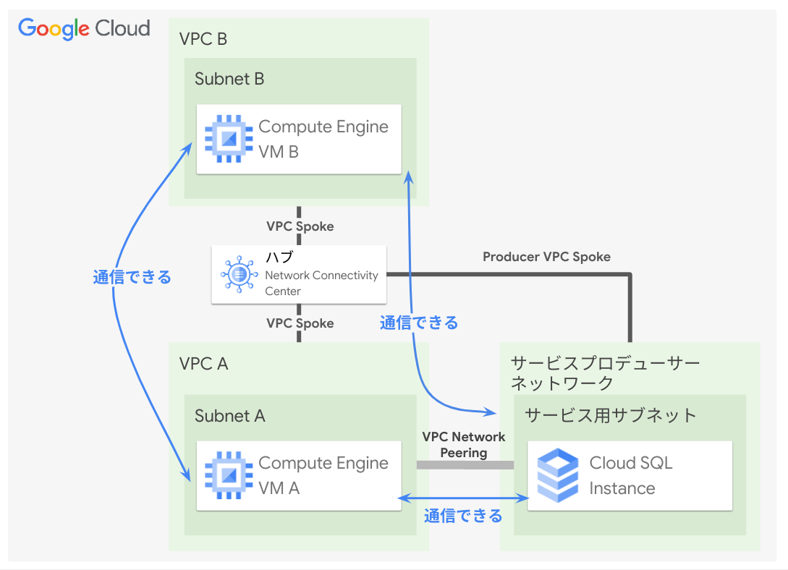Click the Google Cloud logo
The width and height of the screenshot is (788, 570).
[84, 28]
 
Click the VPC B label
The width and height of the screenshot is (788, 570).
[203, 39]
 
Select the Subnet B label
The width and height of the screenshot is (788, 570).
[229, 79]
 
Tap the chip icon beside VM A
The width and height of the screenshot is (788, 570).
[229, 475]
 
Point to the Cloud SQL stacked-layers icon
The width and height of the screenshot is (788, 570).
[558, 475]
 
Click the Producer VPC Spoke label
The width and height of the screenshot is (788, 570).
[546, 257]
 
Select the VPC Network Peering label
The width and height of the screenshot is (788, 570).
[464, 444]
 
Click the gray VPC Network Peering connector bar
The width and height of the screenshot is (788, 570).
[465, 464]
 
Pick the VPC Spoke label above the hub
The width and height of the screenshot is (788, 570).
[300, 226]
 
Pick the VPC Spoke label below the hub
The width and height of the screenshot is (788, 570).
[300, 323]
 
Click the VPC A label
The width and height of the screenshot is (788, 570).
[203, 364]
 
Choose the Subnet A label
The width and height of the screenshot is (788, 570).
[229, 416]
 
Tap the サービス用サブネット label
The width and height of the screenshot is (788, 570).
[610, 415]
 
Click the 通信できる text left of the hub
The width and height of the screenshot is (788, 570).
[132, 277]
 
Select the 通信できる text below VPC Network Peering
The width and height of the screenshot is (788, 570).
[463, 516]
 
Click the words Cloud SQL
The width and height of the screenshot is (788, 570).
[631, 463]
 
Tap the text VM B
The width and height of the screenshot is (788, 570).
[279, 152]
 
